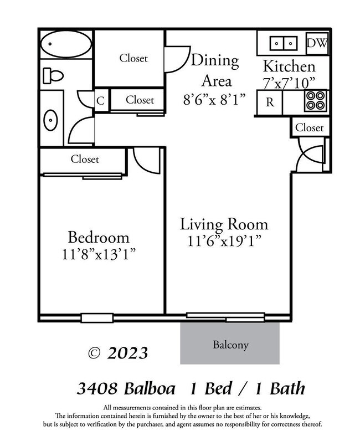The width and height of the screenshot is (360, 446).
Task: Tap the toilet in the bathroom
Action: tap(52, 74)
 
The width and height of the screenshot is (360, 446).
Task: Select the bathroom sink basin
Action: tap(50, 119)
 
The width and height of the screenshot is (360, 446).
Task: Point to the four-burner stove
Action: tap(315, 101)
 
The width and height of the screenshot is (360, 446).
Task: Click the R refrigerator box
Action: tap(270, 102)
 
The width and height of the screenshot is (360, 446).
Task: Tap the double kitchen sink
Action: tap(283, 42)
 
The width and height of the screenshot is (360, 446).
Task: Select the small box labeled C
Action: tap(101, 101)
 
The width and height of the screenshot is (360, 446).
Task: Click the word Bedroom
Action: tap(99, 238)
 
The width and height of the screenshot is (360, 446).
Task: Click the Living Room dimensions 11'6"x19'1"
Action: tap(224, 241)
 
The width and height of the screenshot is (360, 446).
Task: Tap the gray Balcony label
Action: tap(230, 345)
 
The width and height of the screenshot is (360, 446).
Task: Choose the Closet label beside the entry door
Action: tap(309, 127)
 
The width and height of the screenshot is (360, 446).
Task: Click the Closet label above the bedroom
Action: tap(85, 160)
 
